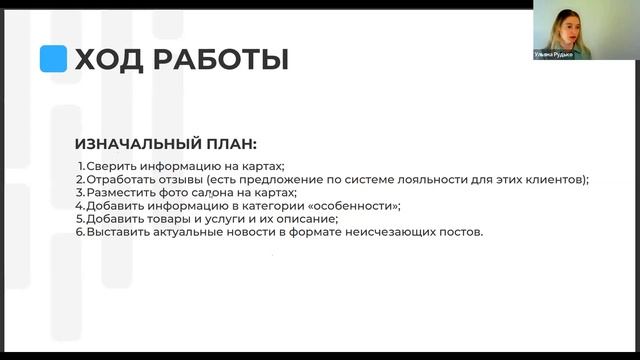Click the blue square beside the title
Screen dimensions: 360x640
tap(53, 59)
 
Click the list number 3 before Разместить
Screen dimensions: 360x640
tap(80, 192)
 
